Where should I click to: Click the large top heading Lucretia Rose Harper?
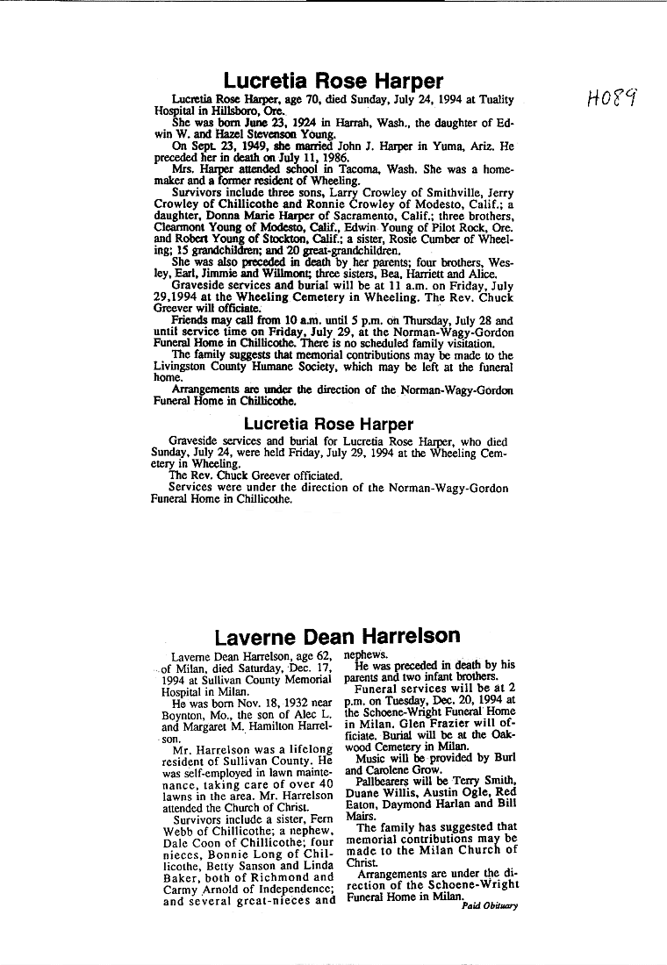pyautogui.click(x=333, y=82)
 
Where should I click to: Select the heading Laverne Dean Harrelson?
pyautogui.click(x=337, y=635)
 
